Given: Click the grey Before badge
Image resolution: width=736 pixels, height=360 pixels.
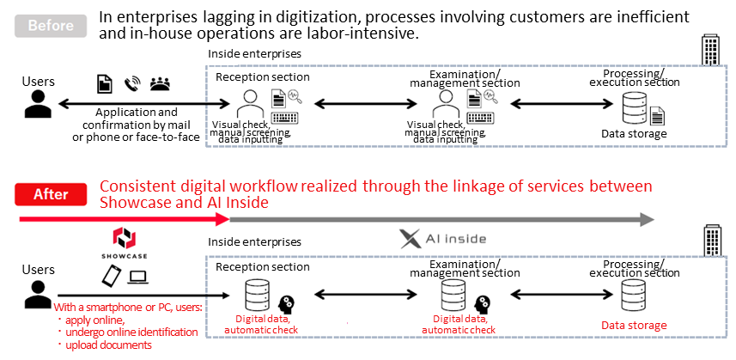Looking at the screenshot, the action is pyautogui.click(x=51, y=25).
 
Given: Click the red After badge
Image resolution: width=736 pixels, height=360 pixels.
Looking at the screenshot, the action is pyautogui.click(x=51, y=194).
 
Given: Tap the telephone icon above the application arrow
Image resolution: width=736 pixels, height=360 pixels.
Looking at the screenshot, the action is pyautogui.click(x=132, y=84).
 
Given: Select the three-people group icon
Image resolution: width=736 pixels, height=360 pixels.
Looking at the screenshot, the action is pyautogui.click(x=160, y=84).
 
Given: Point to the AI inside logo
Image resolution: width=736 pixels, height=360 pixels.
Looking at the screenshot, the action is pyautogui.click(x=442, y=239).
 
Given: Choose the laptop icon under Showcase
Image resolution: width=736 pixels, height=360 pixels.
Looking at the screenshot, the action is pyautogui.click(x=137, y=278).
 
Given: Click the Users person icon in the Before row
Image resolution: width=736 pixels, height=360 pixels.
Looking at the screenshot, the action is pyautogui.click(x=38, y=103).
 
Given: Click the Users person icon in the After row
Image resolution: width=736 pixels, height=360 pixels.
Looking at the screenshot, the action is pyautogui.click(x=38, y=295).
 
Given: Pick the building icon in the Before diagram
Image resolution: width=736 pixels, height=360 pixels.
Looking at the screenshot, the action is pyautogui.click(x=710, y=49).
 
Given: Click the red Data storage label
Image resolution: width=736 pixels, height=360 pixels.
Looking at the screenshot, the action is pyautogui.click(x=634, y=326).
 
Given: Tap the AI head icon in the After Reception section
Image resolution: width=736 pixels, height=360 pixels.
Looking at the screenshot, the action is pyautogui.click(x=286, y=305).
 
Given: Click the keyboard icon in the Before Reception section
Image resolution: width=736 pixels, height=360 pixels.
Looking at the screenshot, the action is pyautogui.click(x=286, y=118).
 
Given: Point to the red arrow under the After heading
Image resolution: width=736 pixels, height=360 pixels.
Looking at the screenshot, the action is pyautogui.click(x=125, y=219).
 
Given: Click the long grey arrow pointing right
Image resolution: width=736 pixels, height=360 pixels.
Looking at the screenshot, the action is pyautogui.click(x=441, y=219).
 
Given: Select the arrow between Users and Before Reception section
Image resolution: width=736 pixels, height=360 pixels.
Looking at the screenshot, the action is pyautogui.click(x=143, y=104).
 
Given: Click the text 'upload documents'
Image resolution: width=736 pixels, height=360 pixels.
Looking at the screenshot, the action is pyautogui.click(x=108, y=345).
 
